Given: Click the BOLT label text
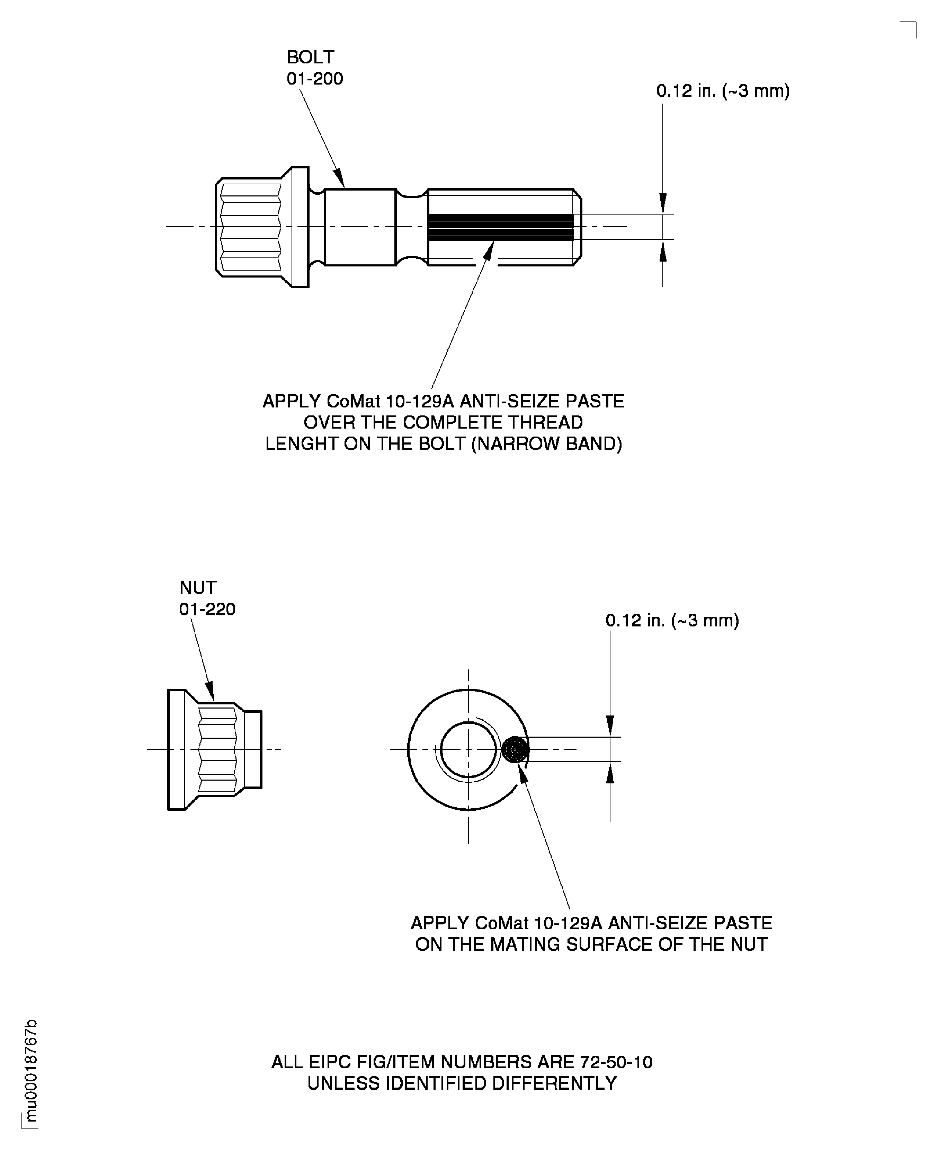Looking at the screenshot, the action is click(310, 57).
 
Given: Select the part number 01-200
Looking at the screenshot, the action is click(314, 79).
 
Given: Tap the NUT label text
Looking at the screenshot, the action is click(198, 587).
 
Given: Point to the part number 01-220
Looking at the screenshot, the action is click(207, 609).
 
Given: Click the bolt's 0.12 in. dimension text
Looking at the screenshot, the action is click(723, 91).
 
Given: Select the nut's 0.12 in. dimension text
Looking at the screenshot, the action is click(672, 620).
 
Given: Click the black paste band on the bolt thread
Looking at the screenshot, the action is click(500, 227).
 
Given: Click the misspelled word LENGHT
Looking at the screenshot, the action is click(297, 444).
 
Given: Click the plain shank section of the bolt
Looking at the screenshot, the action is click(360, 227).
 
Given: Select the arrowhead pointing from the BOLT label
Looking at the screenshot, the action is click(339, 178).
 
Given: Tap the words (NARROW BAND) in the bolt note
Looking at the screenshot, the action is click(546, 444).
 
